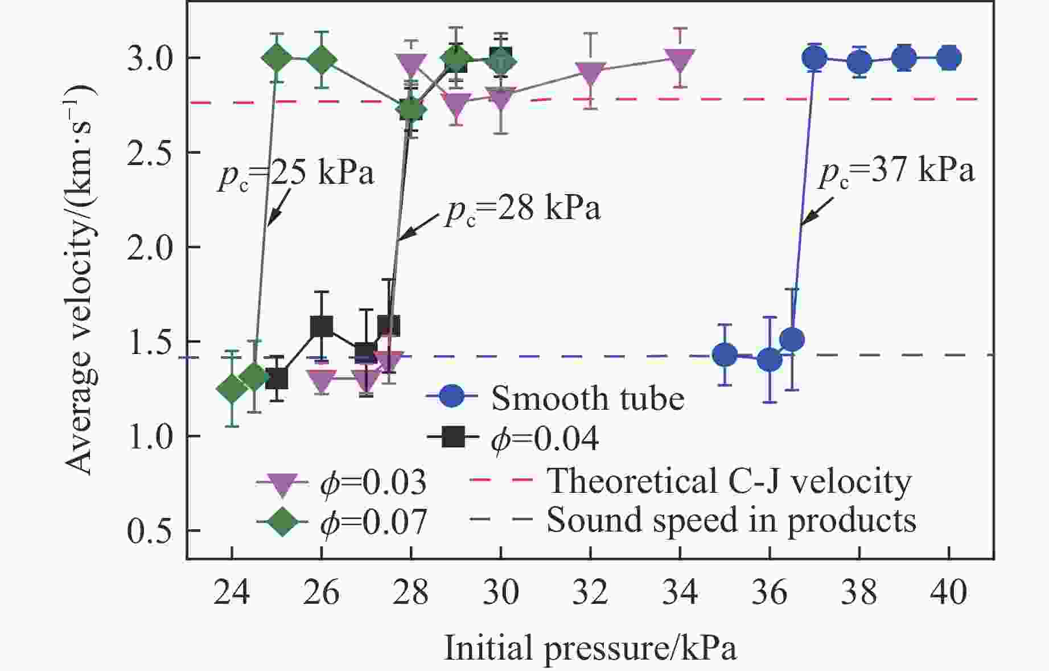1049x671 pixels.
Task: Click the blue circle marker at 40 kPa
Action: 949,57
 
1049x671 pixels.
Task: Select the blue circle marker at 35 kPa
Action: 725,355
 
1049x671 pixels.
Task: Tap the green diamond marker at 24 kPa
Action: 232,389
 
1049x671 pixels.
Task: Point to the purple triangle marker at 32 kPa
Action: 590,72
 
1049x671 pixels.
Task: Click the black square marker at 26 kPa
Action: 322,326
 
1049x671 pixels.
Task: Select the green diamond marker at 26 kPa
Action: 322,60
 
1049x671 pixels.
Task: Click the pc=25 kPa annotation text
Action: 295,174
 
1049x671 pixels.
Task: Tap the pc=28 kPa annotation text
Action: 523,210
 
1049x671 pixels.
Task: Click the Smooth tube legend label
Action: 587,398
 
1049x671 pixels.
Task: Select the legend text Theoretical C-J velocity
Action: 729,481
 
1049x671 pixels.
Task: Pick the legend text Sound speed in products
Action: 731,520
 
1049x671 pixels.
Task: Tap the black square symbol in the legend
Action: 453,438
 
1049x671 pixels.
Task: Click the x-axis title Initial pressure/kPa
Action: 590,648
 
